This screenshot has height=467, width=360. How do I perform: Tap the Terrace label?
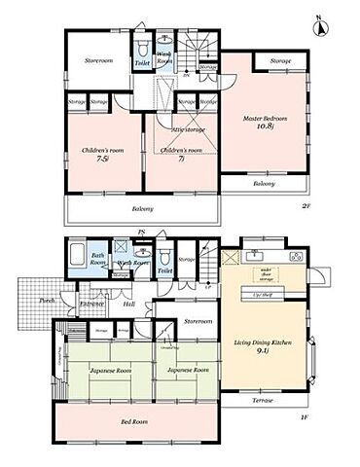click(x=258, y=400)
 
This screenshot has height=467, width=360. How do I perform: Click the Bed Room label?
click(x=134, y=422)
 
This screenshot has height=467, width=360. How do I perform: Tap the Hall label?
click(x=128, y=304)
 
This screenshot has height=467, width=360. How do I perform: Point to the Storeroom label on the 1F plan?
click(x=198, y=320)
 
